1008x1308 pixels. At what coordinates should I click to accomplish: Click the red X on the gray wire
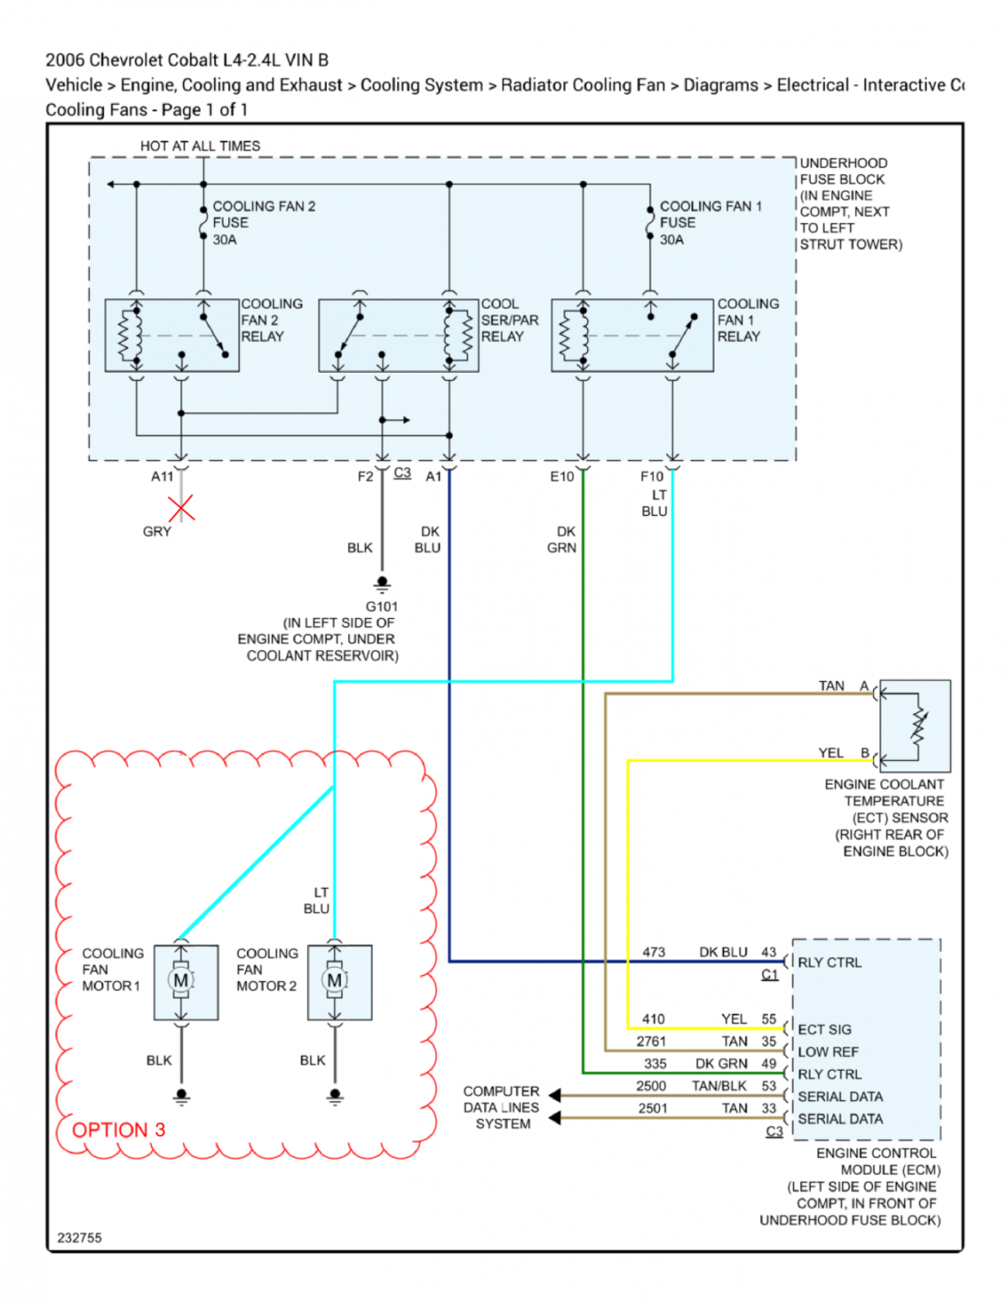[181, 508]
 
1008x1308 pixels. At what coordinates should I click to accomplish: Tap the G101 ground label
[382, 606]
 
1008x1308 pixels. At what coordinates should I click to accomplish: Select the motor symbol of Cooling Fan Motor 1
[181, 980]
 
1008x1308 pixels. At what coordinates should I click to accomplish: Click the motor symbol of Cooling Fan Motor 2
[334, 980]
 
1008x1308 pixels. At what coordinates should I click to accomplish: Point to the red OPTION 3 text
[119, 1130]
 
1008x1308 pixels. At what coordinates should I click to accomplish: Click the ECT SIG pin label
[824, 1029]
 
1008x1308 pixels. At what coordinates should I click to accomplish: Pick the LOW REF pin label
[828, 1051]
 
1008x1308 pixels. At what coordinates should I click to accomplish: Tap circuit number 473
[653, 952]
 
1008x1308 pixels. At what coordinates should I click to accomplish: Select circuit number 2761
[651, 1041]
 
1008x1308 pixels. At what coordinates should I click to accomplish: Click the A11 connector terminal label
[162, 477]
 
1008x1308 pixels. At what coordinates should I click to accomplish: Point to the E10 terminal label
[562, 477]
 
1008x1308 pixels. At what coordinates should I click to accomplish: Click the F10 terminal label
[652, 477]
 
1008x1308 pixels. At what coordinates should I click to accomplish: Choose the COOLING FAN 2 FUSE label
[263, 222]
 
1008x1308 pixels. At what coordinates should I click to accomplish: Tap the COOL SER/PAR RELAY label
[509, 320]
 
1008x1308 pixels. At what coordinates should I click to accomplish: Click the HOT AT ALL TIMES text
[199, 146]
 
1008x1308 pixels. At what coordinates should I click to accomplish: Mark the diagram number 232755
[79, 1238]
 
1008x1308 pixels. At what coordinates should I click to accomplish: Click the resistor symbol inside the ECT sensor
[918, 727]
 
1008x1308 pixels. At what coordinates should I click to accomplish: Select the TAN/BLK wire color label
[719, 1086]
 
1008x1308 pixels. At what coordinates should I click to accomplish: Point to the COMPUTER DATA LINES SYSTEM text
[501, 1107]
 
